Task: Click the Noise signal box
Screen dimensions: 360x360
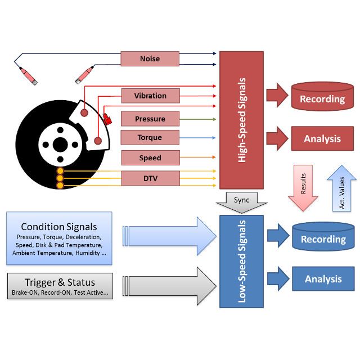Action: (150, 58)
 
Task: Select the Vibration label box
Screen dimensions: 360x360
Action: (150, 96)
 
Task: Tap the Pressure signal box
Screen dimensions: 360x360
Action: (150, 119)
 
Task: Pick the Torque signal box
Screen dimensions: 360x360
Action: (150, 137)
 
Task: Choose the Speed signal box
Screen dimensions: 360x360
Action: (150, 158)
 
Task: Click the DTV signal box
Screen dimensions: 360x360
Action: (150, 178)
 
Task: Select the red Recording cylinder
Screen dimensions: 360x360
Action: (322, 99)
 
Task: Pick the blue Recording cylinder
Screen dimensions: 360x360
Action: (322, 239)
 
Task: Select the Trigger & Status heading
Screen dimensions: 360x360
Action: (60, 282)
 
